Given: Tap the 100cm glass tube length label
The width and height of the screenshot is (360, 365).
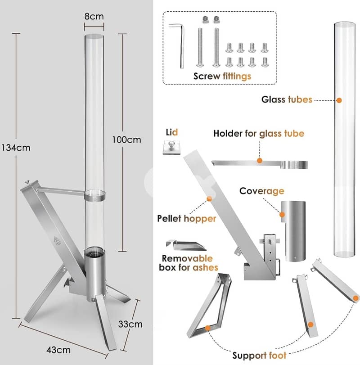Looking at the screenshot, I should point(126,140).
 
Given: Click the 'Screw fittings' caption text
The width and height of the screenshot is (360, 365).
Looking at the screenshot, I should point(222,76).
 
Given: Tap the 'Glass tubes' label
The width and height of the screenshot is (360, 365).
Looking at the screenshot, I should point(287,99).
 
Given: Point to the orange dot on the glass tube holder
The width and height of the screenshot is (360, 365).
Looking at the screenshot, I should point(259,160).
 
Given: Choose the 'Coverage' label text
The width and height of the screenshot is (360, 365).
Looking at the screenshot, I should point(261,191).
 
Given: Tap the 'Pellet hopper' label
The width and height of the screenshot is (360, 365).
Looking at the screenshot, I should point(186,219).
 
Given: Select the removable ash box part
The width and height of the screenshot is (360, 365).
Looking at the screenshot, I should point(186,245).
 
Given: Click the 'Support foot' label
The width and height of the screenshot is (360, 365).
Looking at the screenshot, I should point(260,356).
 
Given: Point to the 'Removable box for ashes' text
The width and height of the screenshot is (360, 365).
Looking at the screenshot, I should point(189,263).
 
